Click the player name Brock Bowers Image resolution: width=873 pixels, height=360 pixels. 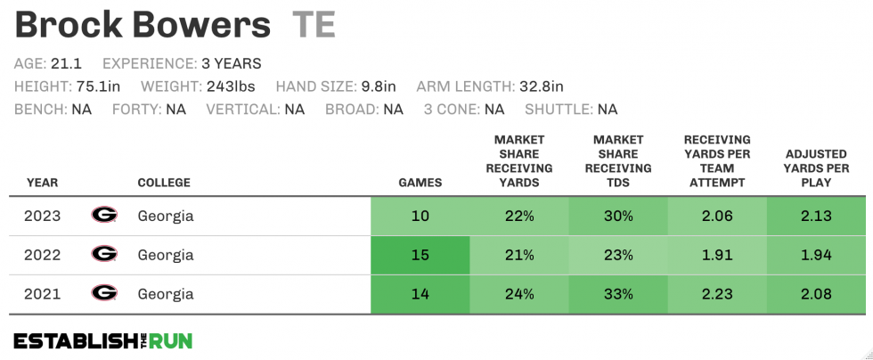pyautogui.click(x=143, y=25)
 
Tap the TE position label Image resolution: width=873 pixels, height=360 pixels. pyautogui.click(x=313, y=25)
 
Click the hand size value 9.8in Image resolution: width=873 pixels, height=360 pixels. pyautogui.click(x=378, y=86)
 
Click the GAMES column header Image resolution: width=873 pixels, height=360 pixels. pyautogui.click(x=420, y=183)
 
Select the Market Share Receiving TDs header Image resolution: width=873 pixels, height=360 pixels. pyautogui.click(x=617, y=161)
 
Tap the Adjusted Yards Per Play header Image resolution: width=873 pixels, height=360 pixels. pyautogui.click(x=817, y=168)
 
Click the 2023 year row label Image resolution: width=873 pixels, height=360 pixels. pyautogui.click(x=42, y=216)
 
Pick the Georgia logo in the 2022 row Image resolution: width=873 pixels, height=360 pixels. pyautogui.click(x=104, y=254)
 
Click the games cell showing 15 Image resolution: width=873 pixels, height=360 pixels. pyautogui.click(x=420, y=255)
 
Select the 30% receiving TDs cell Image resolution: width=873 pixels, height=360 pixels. pyautogui.click(x=617, y=216)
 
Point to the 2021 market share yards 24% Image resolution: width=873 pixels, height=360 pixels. pyautogui.click(x=518, y=294)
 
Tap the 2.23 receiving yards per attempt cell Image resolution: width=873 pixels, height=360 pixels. pyautogui.click(x=716, y=294)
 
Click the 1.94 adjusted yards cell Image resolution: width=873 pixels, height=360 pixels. pyautogui.click(x=816, y=255)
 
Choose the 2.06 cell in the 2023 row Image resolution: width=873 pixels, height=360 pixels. pyautogui.click(x=716, y=216)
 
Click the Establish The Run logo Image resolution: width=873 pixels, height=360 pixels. pyautogui.click(x=102, y=340)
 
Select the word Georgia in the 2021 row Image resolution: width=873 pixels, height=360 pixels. pyautogui.click(x=165, y=293)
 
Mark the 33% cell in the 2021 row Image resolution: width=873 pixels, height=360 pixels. pyautogui.click(x=617, y=294)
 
